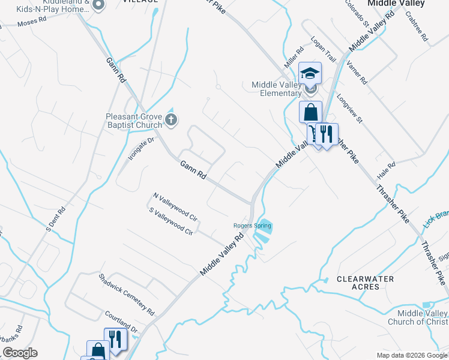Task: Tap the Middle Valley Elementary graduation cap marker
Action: click(x=310, y=73)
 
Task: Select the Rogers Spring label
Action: click(x=252, y=226)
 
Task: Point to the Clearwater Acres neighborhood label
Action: click(x=365, y=283)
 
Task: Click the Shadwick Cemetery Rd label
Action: click(x=127, y=294)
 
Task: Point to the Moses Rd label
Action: click(x=32, y=22)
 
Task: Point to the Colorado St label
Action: click(x=356, y=13)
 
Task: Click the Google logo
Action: click(x=20, y=353)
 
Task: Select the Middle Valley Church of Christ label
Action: click(x=422, y=317)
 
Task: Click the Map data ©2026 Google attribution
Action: click(x=411, y=355)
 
